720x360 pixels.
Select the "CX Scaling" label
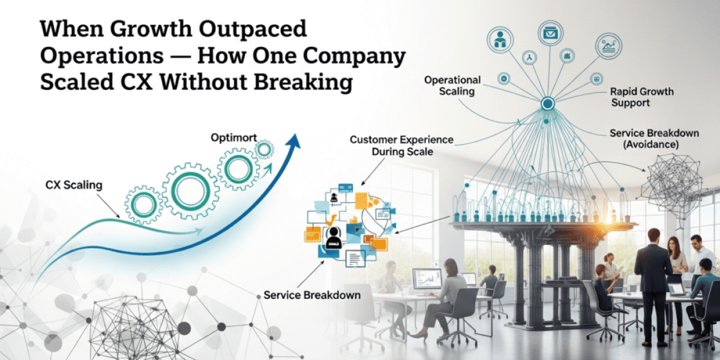click(74, 185)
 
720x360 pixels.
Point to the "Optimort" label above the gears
click(234, 138)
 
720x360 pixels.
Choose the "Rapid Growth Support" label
click(641, 97)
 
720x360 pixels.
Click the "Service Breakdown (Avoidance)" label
click(653, 139)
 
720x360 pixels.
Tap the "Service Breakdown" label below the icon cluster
click(312, 295)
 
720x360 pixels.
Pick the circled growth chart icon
click(609, 46)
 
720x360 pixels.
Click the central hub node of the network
click(547, 104)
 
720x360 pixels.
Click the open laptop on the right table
click(677, 289)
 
